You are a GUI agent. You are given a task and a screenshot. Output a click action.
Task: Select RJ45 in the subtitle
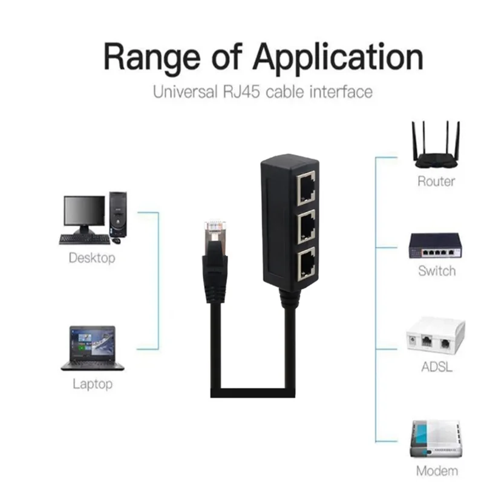(241, 92)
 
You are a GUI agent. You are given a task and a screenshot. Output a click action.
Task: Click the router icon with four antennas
(436, 145)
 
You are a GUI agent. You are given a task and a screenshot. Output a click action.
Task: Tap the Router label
(436, 181)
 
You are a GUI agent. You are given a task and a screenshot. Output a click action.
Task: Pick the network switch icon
(436, 246)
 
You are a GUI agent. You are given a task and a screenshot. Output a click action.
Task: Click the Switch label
(437, 271)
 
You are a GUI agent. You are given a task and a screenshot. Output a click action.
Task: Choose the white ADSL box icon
(436, 335)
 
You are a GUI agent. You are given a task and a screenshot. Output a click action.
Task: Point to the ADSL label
(436, 367)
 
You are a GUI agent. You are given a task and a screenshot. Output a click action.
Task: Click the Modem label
(437, 471)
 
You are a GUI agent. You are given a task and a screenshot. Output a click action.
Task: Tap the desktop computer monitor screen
(84, 211)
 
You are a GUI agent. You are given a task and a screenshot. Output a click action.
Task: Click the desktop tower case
(118, 215)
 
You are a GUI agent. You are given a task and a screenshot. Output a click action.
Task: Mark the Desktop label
(92, 258)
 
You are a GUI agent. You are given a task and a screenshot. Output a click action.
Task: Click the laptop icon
(93, 348)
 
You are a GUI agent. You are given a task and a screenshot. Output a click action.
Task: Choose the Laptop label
(93, 384)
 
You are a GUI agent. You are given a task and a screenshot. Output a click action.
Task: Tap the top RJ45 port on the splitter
(306, 188)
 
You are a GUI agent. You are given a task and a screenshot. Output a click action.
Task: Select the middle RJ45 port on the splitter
(306, 226)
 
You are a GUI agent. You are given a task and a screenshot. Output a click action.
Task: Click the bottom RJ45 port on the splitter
(306, 264)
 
